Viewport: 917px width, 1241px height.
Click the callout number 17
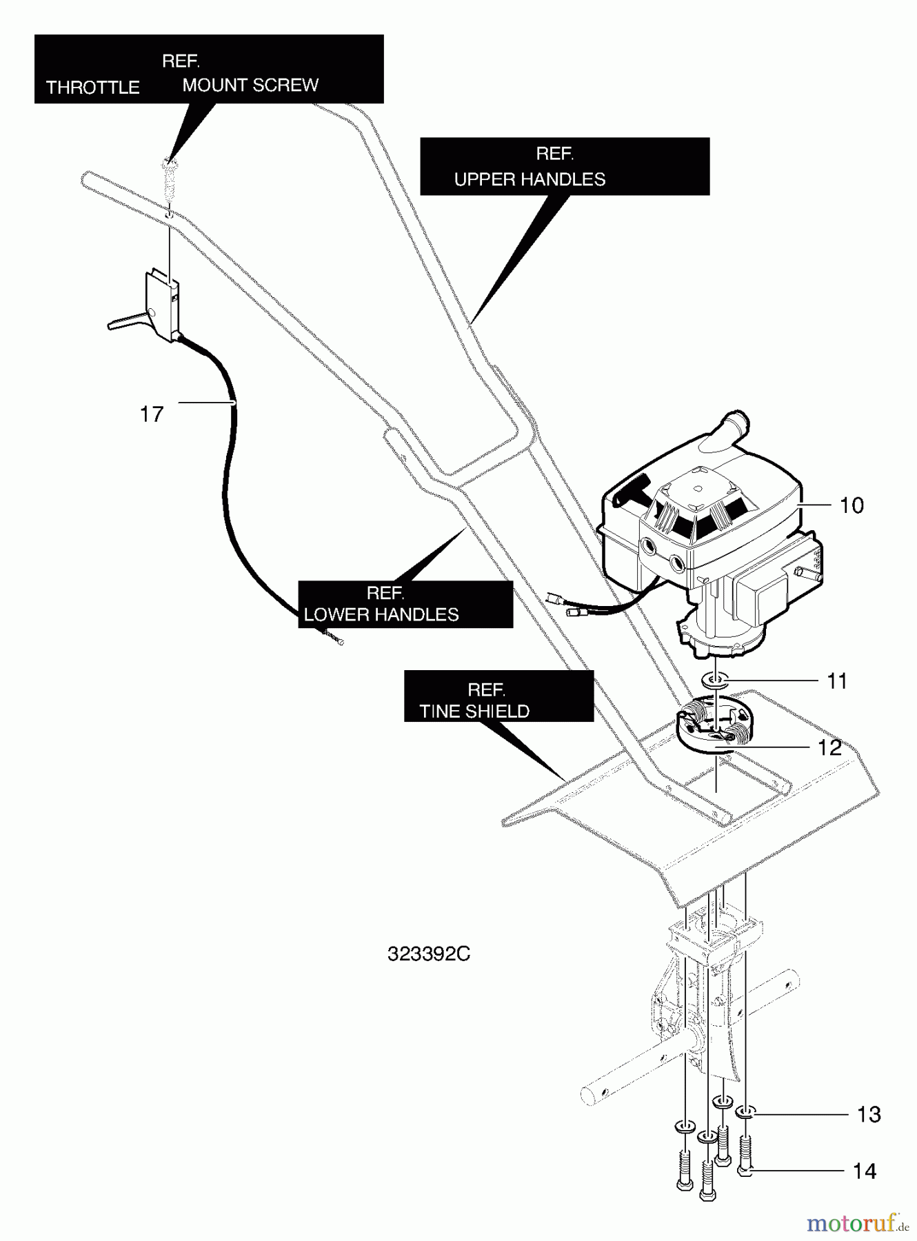coord(152,414)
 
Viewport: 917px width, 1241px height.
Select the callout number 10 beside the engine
coord(851,505)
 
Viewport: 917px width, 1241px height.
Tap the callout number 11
coord(836,681)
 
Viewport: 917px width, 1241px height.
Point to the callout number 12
coord(829,747)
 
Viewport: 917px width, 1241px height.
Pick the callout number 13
coord(869,1115)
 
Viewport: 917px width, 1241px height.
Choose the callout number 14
coord(865,1171)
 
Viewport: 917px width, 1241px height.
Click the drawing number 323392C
coord(429,954)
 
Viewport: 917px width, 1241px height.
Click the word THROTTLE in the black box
coord(93,88)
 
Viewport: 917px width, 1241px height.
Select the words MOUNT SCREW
coord(250,85)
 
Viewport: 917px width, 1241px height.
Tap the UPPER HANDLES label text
coord(530,179)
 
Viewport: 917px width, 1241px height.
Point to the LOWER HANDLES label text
coord(381,615)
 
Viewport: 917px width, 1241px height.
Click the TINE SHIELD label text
coord(474,712)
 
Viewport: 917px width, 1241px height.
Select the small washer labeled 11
coord(714,681)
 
